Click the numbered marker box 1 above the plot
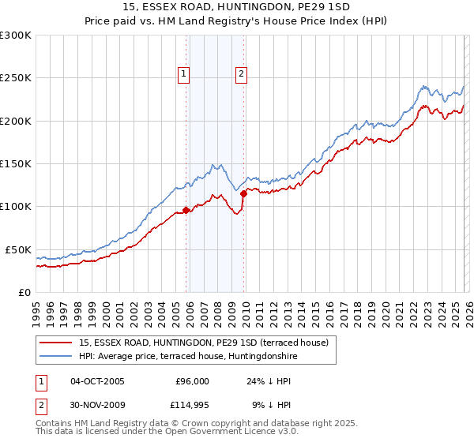click(x=183, y=75)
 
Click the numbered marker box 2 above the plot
click(x=241, y=75)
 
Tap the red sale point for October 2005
click(x=186, y=210)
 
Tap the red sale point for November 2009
click(x=243, y=193)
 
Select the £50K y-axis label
click(x=18, y=249)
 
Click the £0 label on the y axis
click(x=24, y=292)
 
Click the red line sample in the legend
click(x=55, y=343)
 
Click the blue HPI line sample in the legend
click(x=55, y=356)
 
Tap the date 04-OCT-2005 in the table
click(x=97, y=381)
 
